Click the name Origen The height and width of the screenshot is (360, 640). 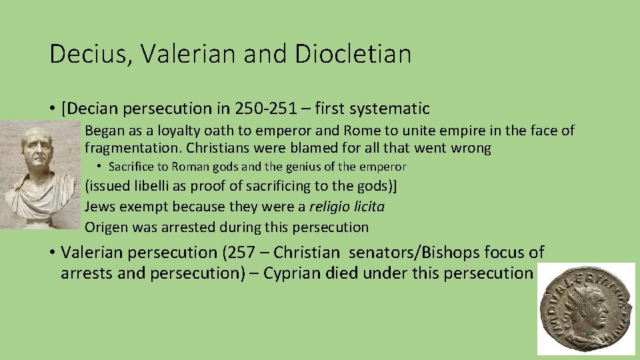pyautogui.click(x=106, y=227)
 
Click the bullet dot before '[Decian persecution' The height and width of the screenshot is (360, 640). pyautogui.click(x=51, y=108)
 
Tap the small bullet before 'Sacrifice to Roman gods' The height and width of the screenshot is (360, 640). pyautogui.click(x=98, y=167)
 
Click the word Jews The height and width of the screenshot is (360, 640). pyautogui.click(x=99, y=207)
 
